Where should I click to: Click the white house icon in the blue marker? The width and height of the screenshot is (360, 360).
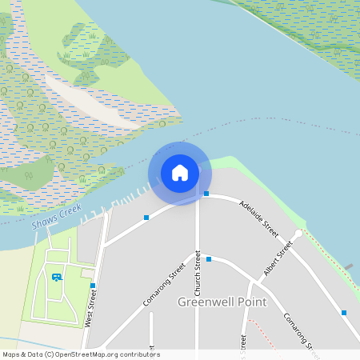[180, 172]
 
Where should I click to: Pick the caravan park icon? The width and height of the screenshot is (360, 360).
[56, 277]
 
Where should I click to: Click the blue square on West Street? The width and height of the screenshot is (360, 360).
[94, 286]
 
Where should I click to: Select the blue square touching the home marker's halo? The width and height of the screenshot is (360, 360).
[206, 194]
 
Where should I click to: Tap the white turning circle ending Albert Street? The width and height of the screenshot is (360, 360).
[298, 234]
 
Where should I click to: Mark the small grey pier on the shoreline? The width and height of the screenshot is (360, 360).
[348, 266]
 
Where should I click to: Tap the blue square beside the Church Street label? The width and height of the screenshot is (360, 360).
[209, 259]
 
